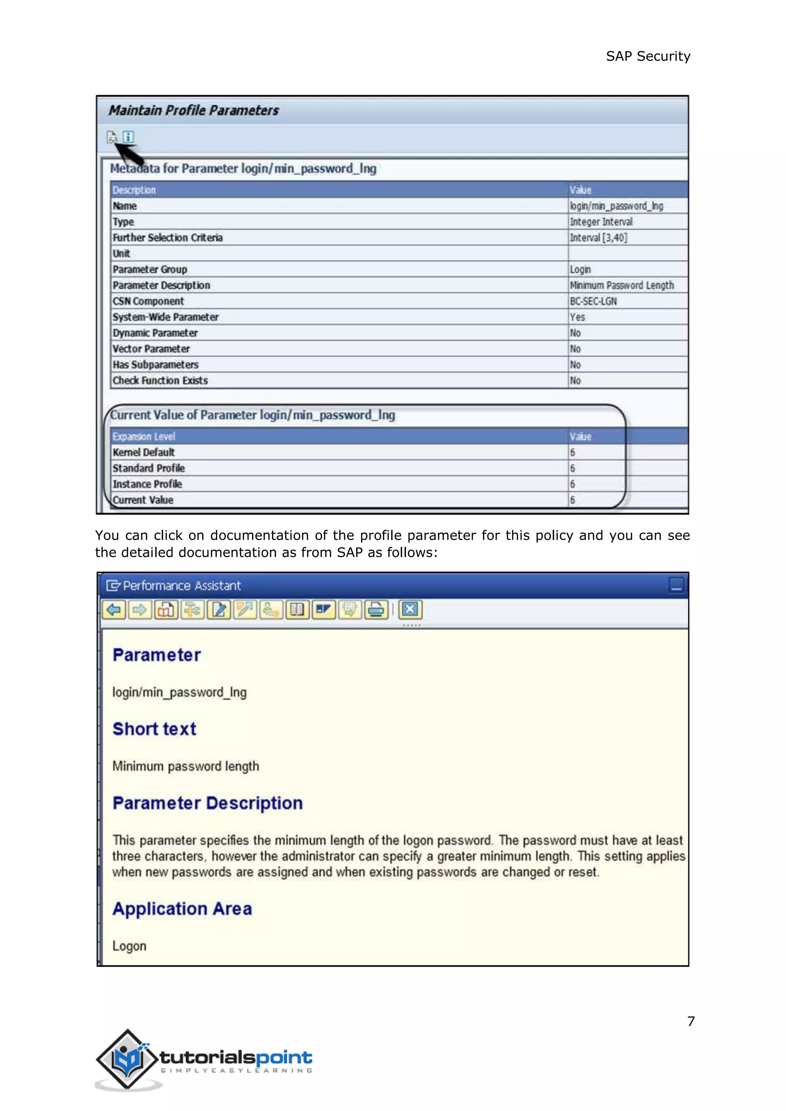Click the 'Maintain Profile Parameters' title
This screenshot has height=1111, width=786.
pyautogui.click(x=193, y=111)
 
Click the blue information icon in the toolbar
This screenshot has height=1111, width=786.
pyautogui.click(x=128, y=137)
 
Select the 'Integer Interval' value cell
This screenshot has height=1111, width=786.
pyautogui.click(x=601, y=222)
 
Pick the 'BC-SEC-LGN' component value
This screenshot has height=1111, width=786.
pyautogui.click(x=593, y=302)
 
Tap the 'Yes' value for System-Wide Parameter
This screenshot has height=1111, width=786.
pyautogui.click(x=577, y=317)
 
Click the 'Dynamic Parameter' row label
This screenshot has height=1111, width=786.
pyautogui.click(x=155, y=333)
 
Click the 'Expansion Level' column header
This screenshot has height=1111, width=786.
pyautogui.click(x=144, y=437)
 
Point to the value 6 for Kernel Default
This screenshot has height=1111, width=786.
pyautogui.click(x=573, y=452)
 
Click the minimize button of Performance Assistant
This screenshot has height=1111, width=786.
pyautogui.click(x=676, y=585)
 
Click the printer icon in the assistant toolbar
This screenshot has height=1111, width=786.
pyautogui.click(x=376, y=610)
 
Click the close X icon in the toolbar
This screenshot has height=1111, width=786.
pyautogui.click(x=410, y=610)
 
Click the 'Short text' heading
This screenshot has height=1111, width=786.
pyautogui.click(x=154, y=729)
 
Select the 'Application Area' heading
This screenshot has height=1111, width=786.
pyautogui.click(x=182, y=909)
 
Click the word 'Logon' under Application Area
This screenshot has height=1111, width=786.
pyautogui.click(x=129, y=946)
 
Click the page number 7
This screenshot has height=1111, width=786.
pyautogui.click(x=691, y=1022)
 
